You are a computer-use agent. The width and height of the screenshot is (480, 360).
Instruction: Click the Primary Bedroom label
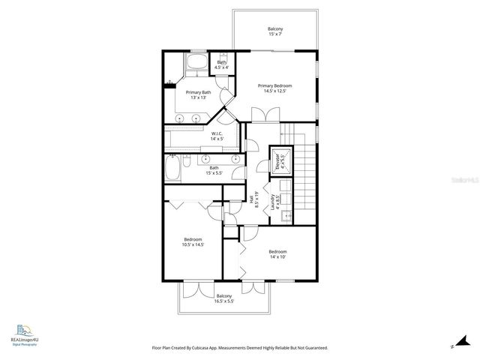[x=274, y=88]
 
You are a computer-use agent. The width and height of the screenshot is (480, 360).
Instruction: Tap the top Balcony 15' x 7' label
[x=276, y=31]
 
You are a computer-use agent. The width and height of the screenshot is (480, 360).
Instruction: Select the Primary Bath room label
[x=198, y=94]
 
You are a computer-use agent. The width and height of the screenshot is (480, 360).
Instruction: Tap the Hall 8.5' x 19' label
[x=253, y=201]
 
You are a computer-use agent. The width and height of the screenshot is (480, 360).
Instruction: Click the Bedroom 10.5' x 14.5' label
[x=193, y=241]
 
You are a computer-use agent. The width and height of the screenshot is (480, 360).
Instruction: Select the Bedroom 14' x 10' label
[x=277, y=254]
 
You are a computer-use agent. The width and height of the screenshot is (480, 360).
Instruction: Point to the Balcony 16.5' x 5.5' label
[x=224, y=298]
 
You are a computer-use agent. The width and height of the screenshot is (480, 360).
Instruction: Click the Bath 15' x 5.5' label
[x=214, y=170]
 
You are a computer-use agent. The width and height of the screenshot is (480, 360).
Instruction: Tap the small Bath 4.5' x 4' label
[x=222, y=64]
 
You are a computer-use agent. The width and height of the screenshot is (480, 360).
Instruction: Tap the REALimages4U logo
[x=24, y=334]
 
